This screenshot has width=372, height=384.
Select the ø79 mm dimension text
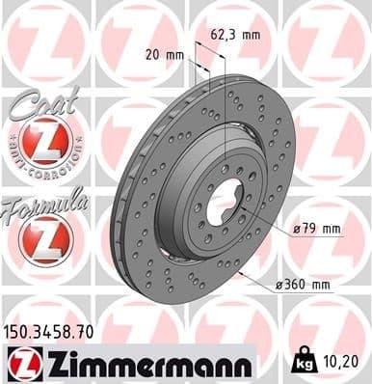coord(317,229)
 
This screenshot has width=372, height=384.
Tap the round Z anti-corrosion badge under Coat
coord(44,144)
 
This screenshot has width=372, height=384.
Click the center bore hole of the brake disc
coord(223,206)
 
